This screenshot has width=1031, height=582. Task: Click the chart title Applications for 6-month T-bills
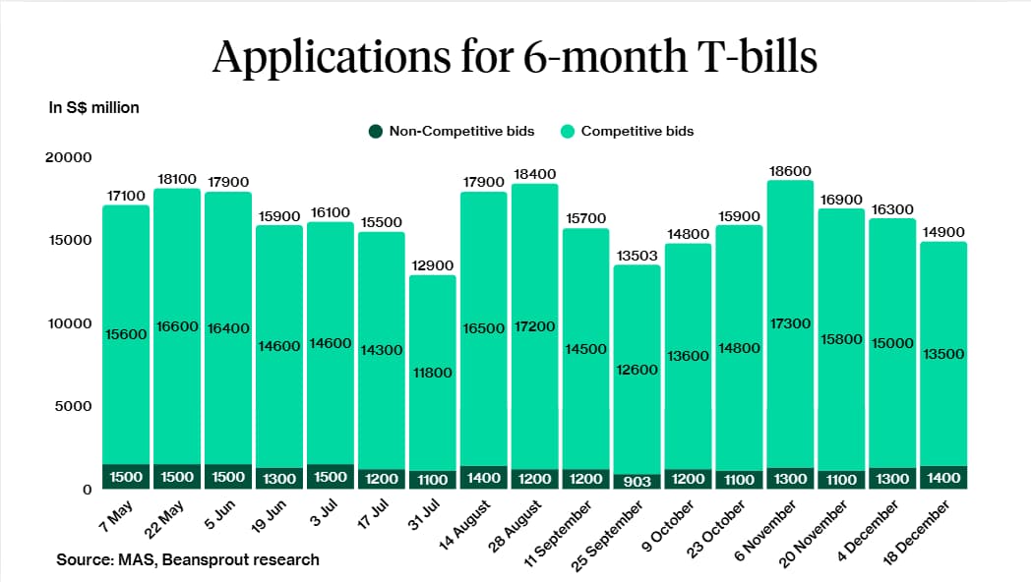click(515, 57)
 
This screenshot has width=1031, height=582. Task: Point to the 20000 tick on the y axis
click(69, 157)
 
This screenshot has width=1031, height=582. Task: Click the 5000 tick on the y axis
click(74, 406)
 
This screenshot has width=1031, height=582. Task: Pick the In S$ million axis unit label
click(94, 107)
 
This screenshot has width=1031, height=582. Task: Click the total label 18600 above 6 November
click(790, 171)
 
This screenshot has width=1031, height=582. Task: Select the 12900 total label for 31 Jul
click(432, 265)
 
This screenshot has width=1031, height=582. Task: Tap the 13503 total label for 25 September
click(637, 256)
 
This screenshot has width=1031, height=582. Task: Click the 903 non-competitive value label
click(637, 480)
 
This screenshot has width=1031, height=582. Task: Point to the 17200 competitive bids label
click(534, 325)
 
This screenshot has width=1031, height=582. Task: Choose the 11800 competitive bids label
click(432, 372)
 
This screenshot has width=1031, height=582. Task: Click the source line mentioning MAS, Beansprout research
click(188, 559)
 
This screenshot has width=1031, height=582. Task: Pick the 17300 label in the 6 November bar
click(790, 322)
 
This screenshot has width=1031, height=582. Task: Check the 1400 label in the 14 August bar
click(483, 478)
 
